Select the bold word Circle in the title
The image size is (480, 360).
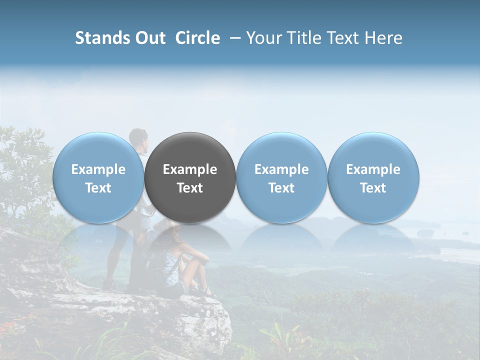(197, 38)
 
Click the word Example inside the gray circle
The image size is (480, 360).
(190, 169)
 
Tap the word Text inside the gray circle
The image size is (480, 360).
(190, 188)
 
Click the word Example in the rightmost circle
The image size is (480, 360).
(373, 169)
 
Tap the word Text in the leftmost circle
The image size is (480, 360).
(98, 188)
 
